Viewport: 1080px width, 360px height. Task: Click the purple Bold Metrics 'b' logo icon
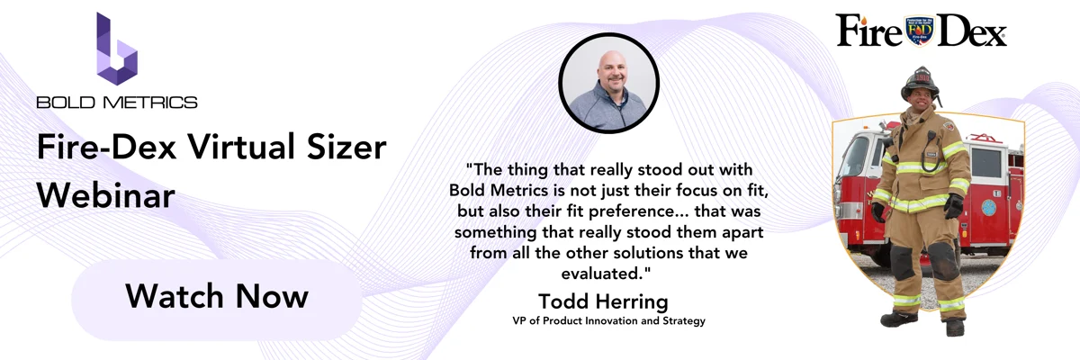coord(117,49)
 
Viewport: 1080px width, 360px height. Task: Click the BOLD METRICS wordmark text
coord(117,103)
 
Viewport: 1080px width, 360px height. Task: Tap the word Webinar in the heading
coord(105,195)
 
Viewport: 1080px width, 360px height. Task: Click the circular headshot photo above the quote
coord(609,83)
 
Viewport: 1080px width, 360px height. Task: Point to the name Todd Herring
coord(603,301)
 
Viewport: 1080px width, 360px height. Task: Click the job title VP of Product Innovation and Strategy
coord(609,320)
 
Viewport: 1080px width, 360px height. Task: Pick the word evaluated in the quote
coord(603,274)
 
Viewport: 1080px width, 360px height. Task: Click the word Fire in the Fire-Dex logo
coord(868,31)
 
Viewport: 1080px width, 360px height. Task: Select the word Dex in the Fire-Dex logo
coord(971,31)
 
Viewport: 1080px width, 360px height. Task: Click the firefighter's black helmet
coord(921,83)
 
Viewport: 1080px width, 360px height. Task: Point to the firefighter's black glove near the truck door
coord(953,206)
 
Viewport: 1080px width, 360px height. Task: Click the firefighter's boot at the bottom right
coord(955,328)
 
